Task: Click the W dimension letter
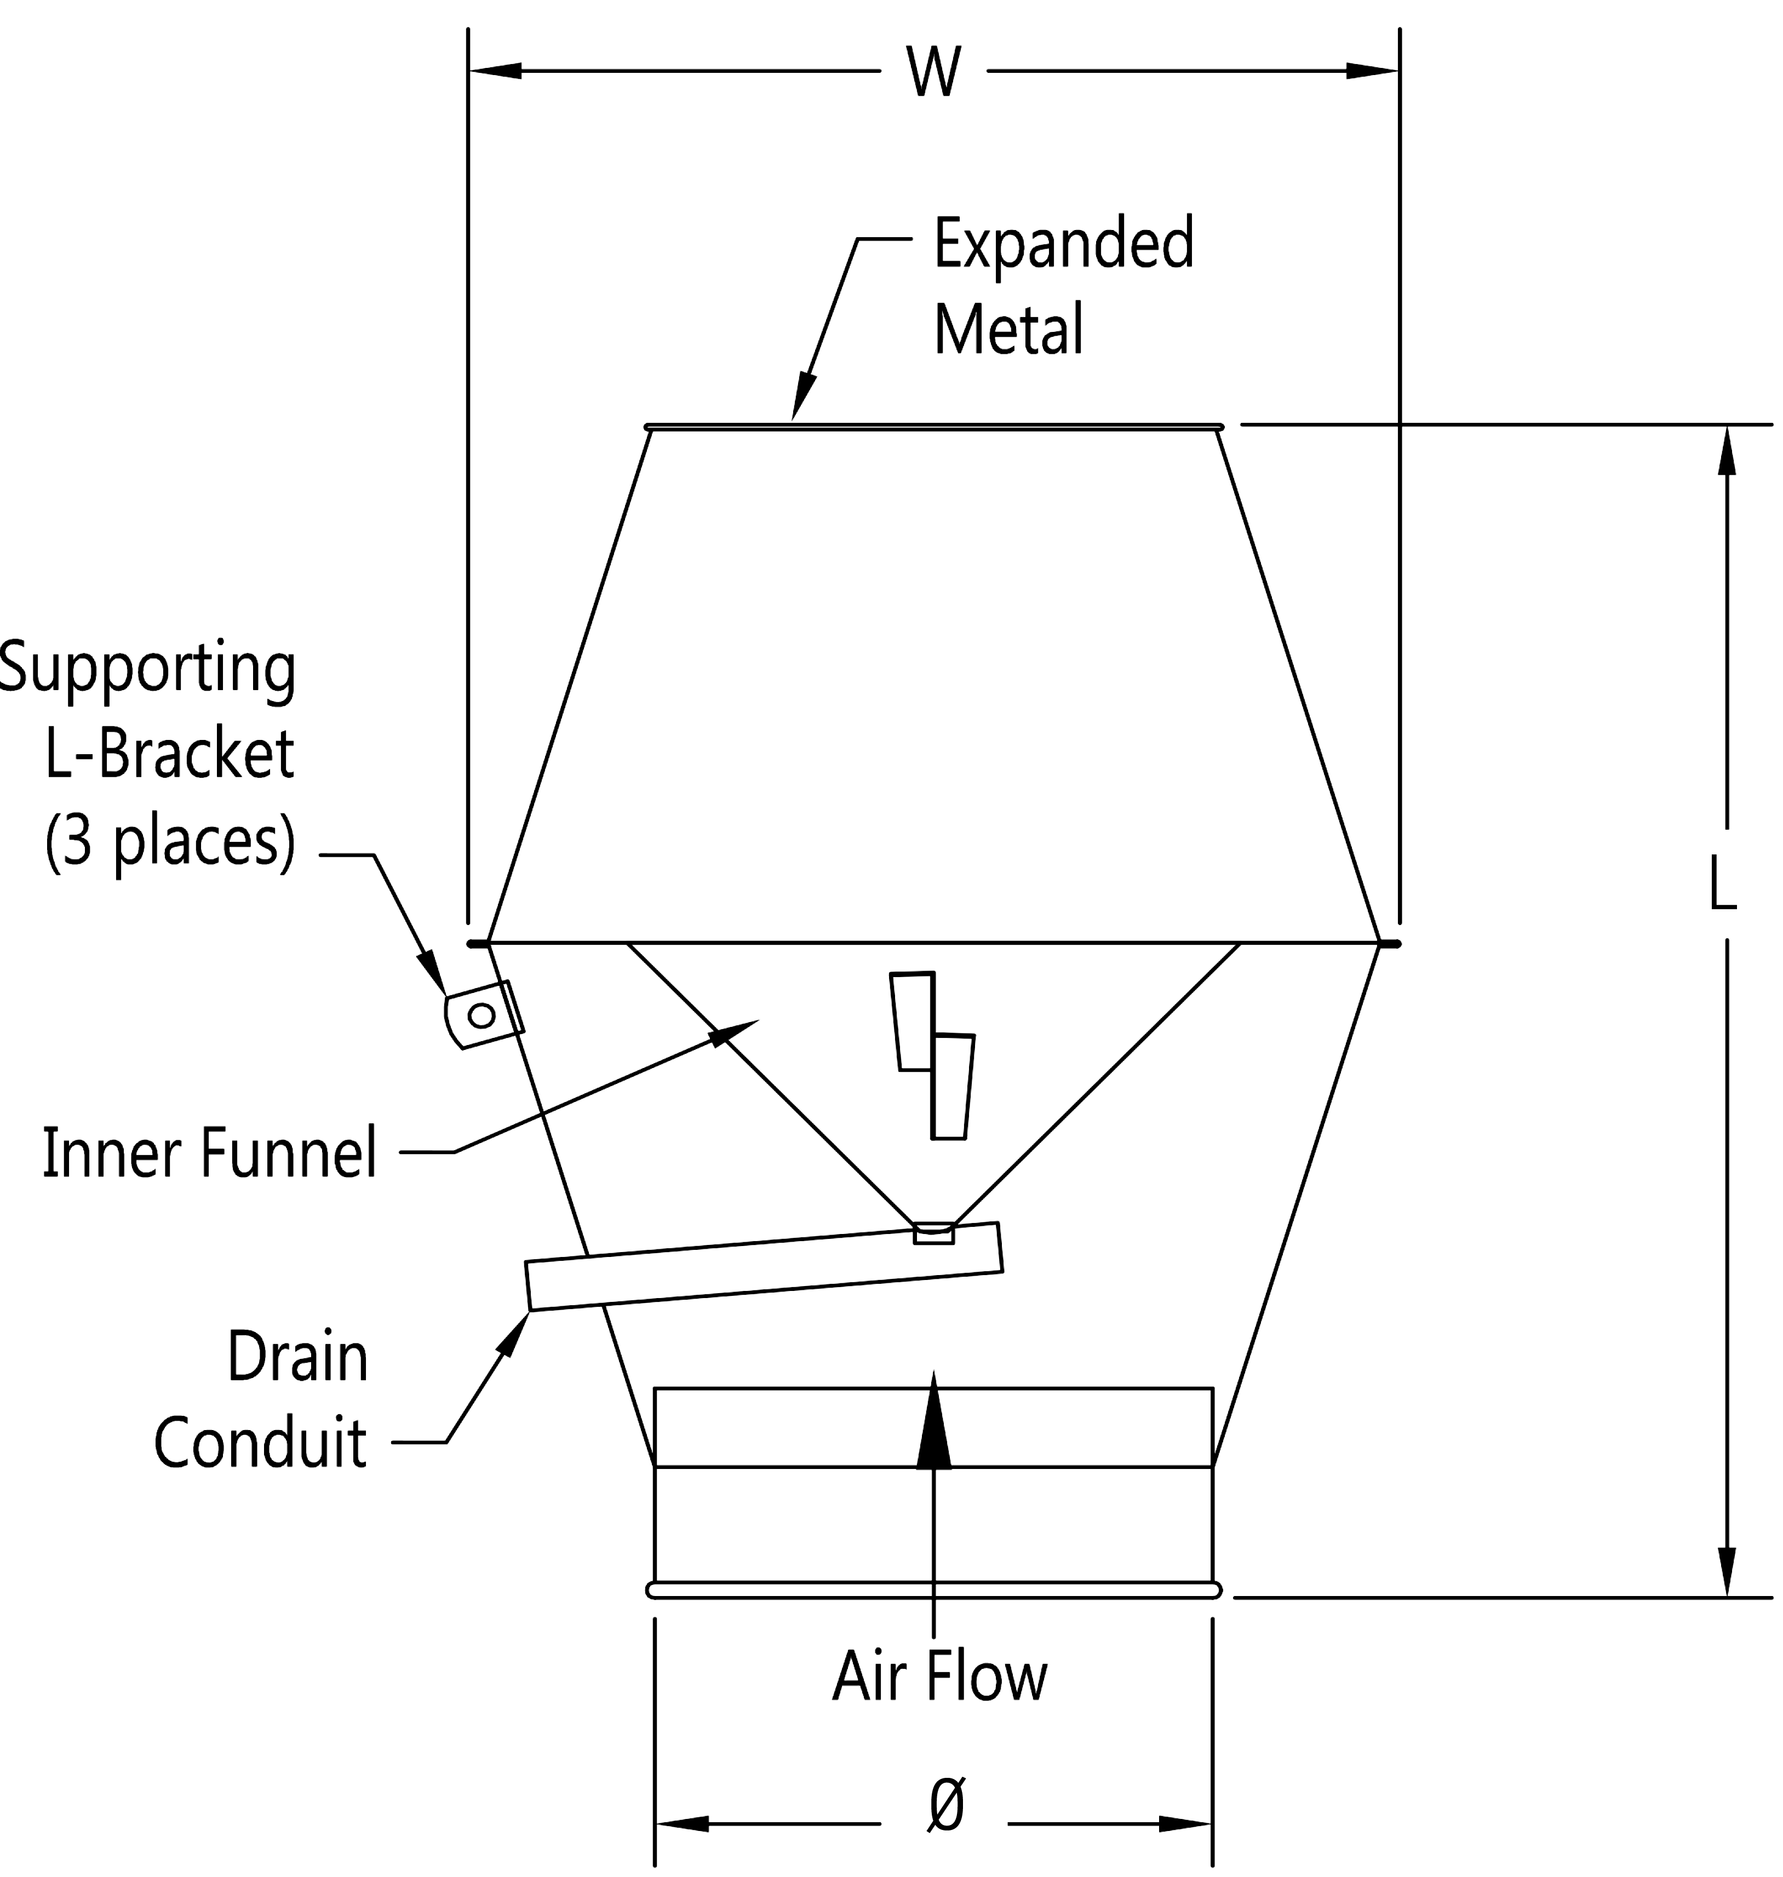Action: (x=933, y=72)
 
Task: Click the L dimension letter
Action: (x=1723, y=883)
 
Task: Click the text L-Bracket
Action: (x=169, y=755)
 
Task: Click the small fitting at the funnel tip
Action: (x=933, y=1233)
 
